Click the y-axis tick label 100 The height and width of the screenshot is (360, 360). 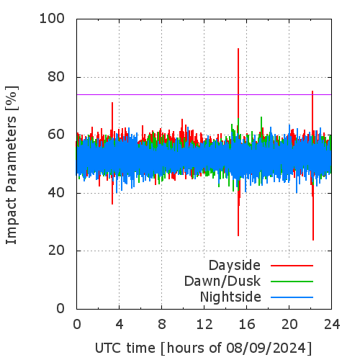(52, 19)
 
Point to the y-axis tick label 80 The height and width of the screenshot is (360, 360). (56, 77)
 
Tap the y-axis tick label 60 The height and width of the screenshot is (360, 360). (56, 135)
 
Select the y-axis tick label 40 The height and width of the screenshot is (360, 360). (56, 193)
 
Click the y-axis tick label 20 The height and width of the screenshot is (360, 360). (56, 251)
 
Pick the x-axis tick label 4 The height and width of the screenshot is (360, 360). (120, 324)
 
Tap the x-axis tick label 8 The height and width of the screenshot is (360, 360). (162, 324)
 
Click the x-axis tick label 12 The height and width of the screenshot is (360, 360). (204, 324)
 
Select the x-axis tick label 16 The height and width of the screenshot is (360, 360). (247, 324)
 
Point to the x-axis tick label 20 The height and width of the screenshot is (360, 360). (289, 324)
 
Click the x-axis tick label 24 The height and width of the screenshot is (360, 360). (332, 324)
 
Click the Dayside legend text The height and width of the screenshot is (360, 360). (235, 266)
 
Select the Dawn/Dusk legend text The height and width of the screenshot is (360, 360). (222, 281)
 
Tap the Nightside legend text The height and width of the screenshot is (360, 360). (230, 297)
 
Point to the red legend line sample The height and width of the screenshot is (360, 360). (292, 266)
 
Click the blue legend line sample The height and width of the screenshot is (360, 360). (292, 297)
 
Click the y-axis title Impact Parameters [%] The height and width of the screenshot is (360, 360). (12, 165)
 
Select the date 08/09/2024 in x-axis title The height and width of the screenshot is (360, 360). (265, 348)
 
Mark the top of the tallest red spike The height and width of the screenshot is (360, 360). (238, 48)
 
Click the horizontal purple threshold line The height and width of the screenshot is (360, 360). (204, 94)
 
